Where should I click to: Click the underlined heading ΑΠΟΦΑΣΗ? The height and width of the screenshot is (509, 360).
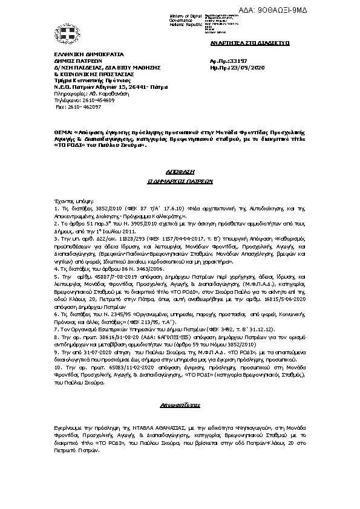point(180,171)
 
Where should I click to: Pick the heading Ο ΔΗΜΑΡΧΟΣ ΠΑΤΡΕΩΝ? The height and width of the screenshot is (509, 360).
point(180,180)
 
